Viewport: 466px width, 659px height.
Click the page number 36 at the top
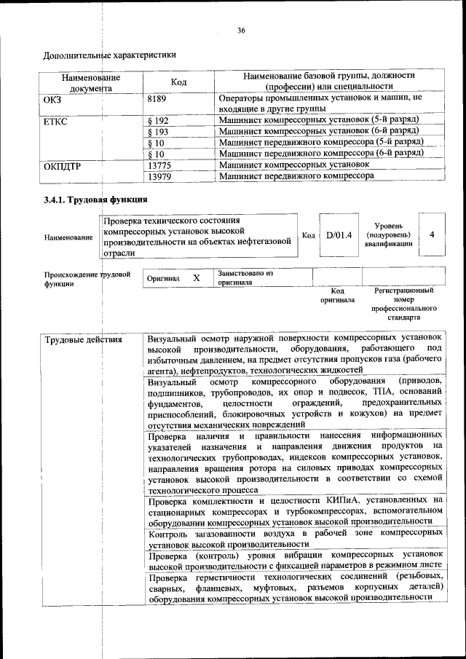pyautogui.click(x=241, y=30)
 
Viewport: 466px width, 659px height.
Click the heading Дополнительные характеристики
pyautogui.click(x=109, y=55)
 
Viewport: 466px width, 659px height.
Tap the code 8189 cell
pyautogui.click(x=157, y=97)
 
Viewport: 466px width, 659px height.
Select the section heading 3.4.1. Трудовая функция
pyautogui.click(x=95, y=199)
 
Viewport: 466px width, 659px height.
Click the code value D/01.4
pyautogui.click(x=339, y=235)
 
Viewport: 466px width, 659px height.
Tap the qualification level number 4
pyautogui.click(x=433, y=235)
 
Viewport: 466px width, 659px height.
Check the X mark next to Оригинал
pyautogui.click(x=196, y=278)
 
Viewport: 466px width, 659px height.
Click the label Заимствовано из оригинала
pyautogui.click(x=245, y=277)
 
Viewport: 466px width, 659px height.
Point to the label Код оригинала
pyautogui.click(x=337, y=295)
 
